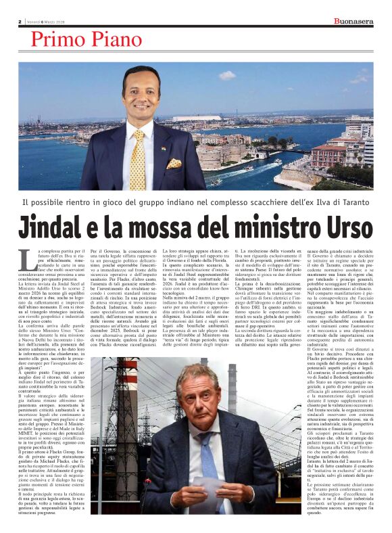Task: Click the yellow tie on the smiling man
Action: click(139, 159)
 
